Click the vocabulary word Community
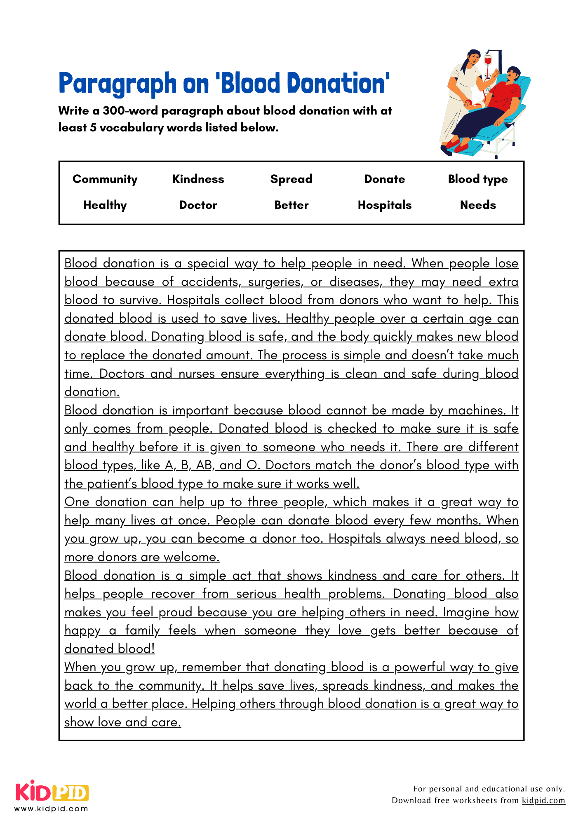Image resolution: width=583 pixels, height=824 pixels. pos(105,179)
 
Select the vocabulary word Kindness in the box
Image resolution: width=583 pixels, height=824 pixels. pos(198,179)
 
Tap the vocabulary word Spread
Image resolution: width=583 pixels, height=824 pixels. pos(291,179)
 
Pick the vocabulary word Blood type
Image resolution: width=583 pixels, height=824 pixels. pos(477,179)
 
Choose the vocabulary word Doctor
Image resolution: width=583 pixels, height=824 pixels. pos(198,205)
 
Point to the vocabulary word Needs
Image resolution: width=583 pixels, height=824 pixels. pos(477,205)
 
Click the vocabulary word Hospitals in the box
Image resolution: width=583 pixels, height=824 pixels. pos(384,205)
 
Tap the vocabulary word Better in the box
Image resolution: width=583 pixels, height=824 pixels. pos(291,205)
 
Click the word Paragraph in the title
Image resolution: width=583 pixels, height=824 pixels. pos(118,84)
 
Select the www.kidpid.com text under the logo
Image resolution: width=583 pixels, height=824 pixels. pos(51,809)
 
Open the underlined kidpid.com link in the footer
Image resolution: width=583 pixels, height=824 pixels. pos(543,800)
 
